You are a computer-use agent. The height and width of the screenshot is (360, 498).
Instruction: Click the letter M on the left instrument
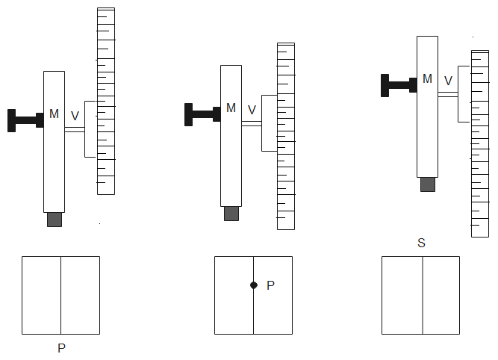point(54,114)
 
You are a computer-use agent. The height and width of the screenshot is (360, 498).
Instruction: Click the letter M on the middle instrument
point(231,108)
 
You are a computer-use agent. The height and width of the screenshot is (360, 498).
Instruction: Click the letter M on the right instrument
point(427,79)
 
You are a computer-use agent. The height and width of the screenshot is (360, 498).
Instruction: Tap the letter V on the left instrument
point(75,116)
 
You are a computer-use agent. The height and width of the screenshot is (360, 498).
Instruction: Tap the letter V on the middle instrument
point(252,111)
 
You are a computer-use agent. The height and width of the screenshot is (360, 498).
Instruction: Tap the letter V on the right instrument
point(448,81)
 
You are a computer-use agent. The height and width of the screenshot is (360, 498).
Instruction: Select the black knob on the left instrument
point(25,120)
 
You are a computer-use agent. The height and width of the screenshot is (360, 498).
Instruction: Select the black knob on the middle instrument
point(202,114)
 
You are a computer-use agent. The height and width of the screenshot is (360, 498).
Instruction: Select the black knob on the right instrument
point(399,85)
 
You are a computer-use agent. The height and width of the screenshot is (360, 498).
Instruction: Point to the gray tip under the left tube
point(55,220)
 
